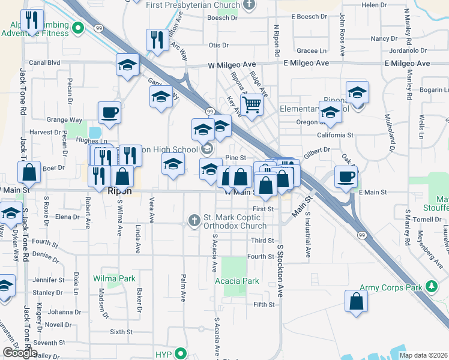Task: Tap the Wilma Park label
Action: click(x=114, y=278)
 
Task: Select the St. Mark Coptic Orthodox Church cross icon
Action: click(x=194, y=221)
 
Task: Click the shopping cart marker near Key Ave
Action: click(x=253, y=105)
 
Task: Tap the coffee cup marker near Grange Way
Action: click(x=110, y=112)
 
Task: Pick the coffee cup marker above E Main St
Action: click(x=345, y=177)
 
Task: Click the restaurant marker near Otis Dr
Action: click(x=157, y=40)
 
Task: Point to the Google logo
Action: click(x=20, y=353)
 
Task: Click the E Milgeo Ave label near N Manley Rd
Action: click(x=407, y=63)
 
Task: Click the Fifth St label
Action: click(x=264, y=305)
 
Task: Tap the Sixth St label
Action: click(x=121, y=331)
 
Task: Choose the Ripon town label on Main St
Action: click(x=119, y=192)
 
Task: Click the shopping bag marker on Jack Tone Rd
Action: click(x=29, y=172)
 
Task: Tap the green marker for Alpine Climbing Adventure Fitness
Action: click(x=77, y=28)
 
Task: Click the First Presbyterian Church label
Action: click(x=187, y=5)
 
